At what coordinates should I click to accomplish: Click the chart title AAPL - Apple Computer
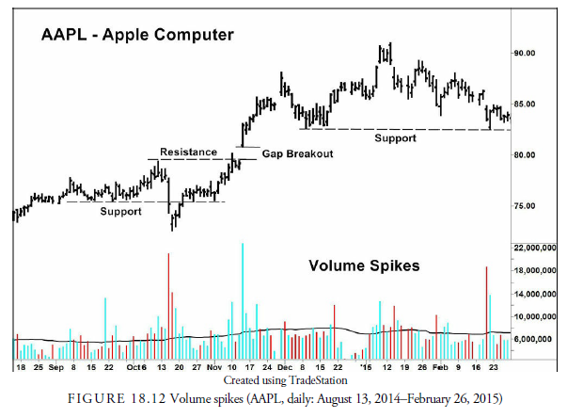[x=137, y=38]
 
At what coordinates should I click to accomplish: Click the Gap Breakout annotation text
[x=297, y=153]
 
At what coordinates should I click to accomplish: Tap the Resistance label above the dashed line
[x=189, y=152]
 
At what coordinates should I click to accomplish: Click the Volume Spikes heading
[x=365, y=265]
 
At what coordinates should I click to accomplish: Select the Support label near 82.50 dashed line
[x=395, y=138]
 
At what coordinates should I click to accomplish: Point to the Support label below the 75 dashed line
[x=121, y=212]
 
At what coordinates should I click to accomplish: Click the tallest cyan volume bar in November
[x=243, y=292]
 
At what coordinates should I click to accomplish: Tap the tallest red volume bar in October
[x=169, y=301]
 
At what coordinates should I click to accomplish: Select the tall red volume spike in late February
[x=486, y=311]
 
